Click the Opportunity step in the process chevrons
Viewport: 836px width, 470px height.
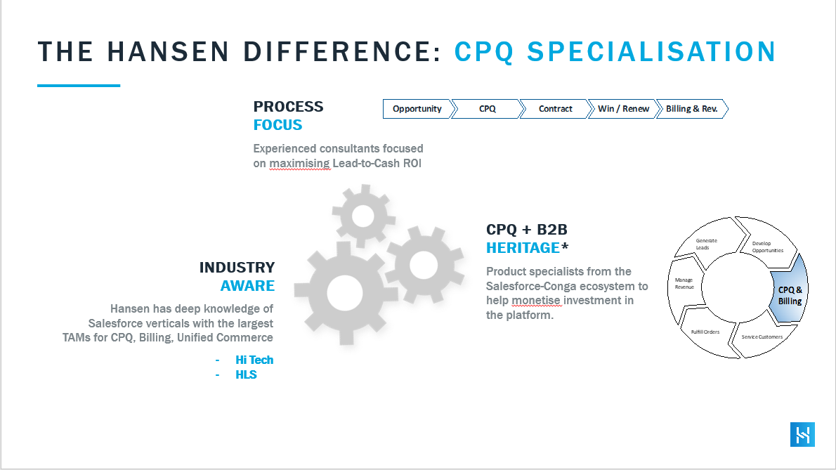click(417, 109)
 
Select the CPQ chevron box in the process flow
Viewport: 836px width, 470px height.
click(488, 109)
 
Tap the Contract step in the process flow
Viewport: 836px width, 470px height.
click(556, 109)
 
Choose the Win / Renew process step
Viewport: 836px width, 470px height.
click(623, 109)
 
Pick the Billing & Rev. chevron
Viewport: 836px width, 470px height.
click(692, 109)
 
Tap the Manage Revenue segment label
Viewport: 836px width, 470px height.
click(684, 284)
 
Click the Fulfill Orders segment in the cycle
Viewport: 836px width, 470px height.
click(705, 332)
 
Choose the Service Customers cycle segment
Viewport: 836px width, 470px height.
click(762, 337)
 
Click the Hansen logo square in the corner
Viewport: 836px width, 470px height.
click(802, 434)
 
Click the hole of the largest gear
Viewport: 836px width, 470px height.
click(344, 293)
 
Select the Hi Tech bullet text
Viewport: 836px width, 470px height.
click(254, 360)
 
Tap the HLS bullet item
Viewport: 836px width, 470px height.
click(246, 374)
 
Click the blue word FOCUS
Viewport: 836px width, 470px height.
click(277, 125)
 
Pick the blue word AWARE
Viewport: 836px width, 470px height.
click(247, 286)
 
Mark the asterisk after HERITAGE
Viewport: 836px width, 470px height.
click(565, 246)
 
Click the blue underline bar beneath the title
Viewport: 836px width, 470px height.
click(79, 85)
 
